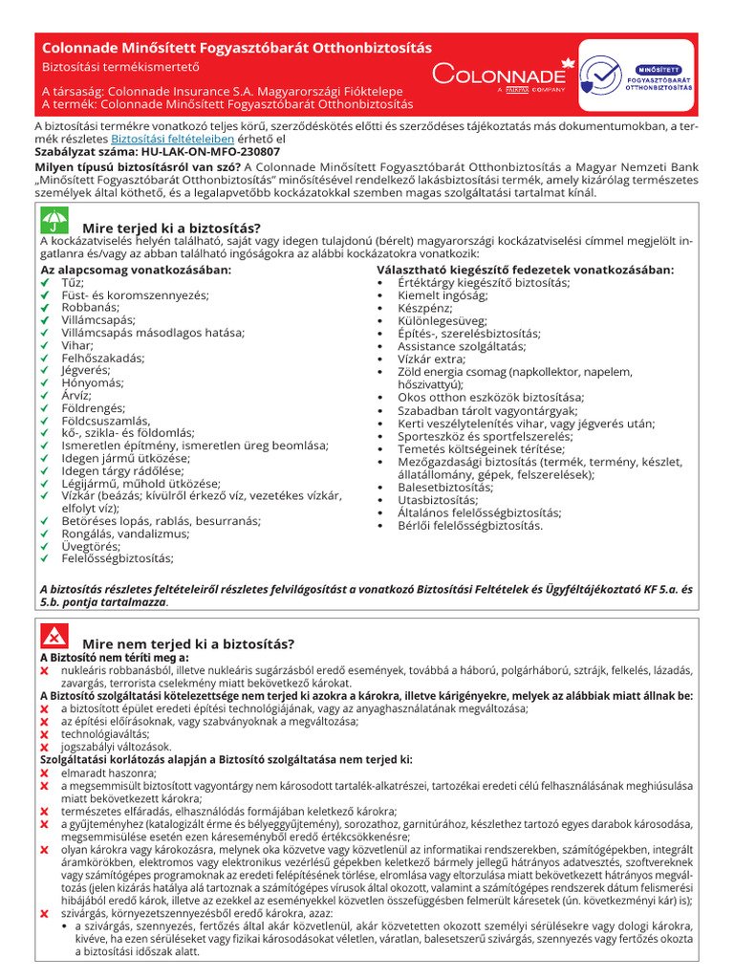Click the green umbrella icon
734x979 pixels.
54,222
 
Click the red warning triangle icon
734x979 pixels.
54,637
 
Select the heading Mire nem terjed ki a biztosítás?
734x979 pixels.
188,643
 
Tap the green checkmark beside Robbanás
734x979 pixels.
44,308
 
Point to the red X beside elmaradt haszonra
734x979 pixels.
44,772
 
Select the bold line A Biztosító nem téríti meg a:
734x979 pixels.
114,658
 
